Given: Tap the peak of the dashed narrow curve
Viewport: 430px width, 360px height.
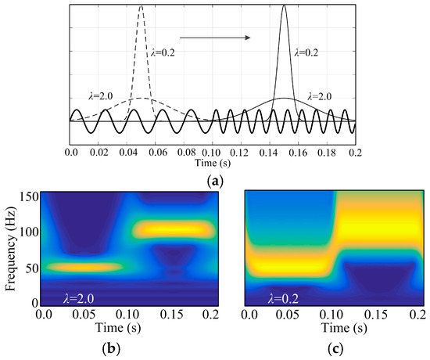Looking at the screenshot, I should pos(141,7).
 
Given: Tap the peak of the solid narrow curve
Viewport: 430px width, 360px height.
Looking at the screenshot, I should pos(284,7).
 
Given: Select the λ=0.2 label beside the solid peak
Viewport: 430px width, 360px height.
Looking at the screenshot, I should pos(307,53).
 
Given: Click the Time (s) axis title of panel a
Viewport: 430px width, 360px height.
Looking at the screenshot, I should pos(213,159).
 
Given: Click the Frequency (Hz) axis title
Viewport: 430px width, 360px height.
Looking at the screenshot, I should pos(10,247).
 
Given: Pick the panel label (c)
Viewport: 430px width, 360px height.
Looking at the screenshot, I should pos(334,348).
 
